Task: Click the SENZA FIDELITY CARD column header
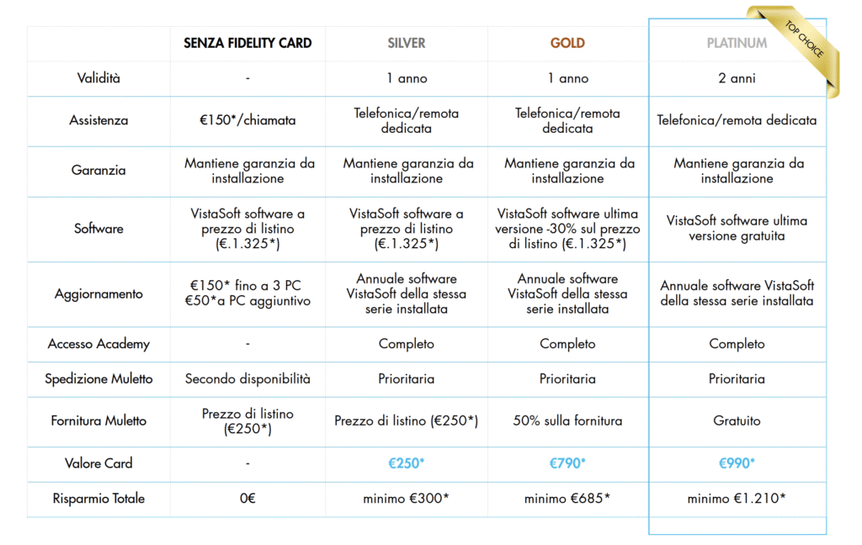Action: pyautogui.click(x=247, y=43)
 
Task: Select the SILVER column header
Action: pyautogui.click(x=407, y=43)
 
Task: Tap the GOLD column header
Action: pyautogui.click(x=567, y=43)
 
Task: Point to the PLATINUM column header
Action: pyautogui.click(x=736, y=43)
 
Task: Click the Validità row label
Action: pyautogui.click(x=98, y=78)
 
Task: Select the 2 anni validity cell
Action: pyautogui.click(x=737, y=78)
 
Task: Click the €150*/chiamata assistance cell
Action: pyautogui.click(x=247, y=120)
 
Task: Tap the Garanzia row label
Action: pyautogui.click(x=98, y=170)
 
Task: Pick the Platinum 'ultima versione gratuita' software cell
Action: pyautogui.click(x=737, y=228)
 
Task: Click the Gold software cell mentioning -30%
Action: pyautogui.click(x=567, y=228)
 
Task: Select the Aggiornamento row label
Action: pyautogui.click(x=98, y=294)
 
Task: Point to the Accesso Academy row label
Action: pyautogui.click(x=98, y=343)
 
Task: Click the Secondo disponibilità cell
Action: pyautogui.click(x=247, y=378)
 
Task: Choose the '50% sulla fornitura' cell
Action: pyautogui.click(x=567, y=421)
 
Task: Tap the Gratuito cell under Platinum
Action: pyautogui.click(x=737, y=421)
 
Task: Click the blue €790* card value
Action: pyautogui.click(x=567, y=463)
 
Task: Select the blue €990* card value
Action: pyautogui.click(x=737, y=463)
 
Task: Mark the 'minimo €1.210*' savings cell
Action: pyautogui.click(x=737, y=499)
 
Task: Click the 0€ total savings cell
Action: pyautogui.click(x=247, y=499)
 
